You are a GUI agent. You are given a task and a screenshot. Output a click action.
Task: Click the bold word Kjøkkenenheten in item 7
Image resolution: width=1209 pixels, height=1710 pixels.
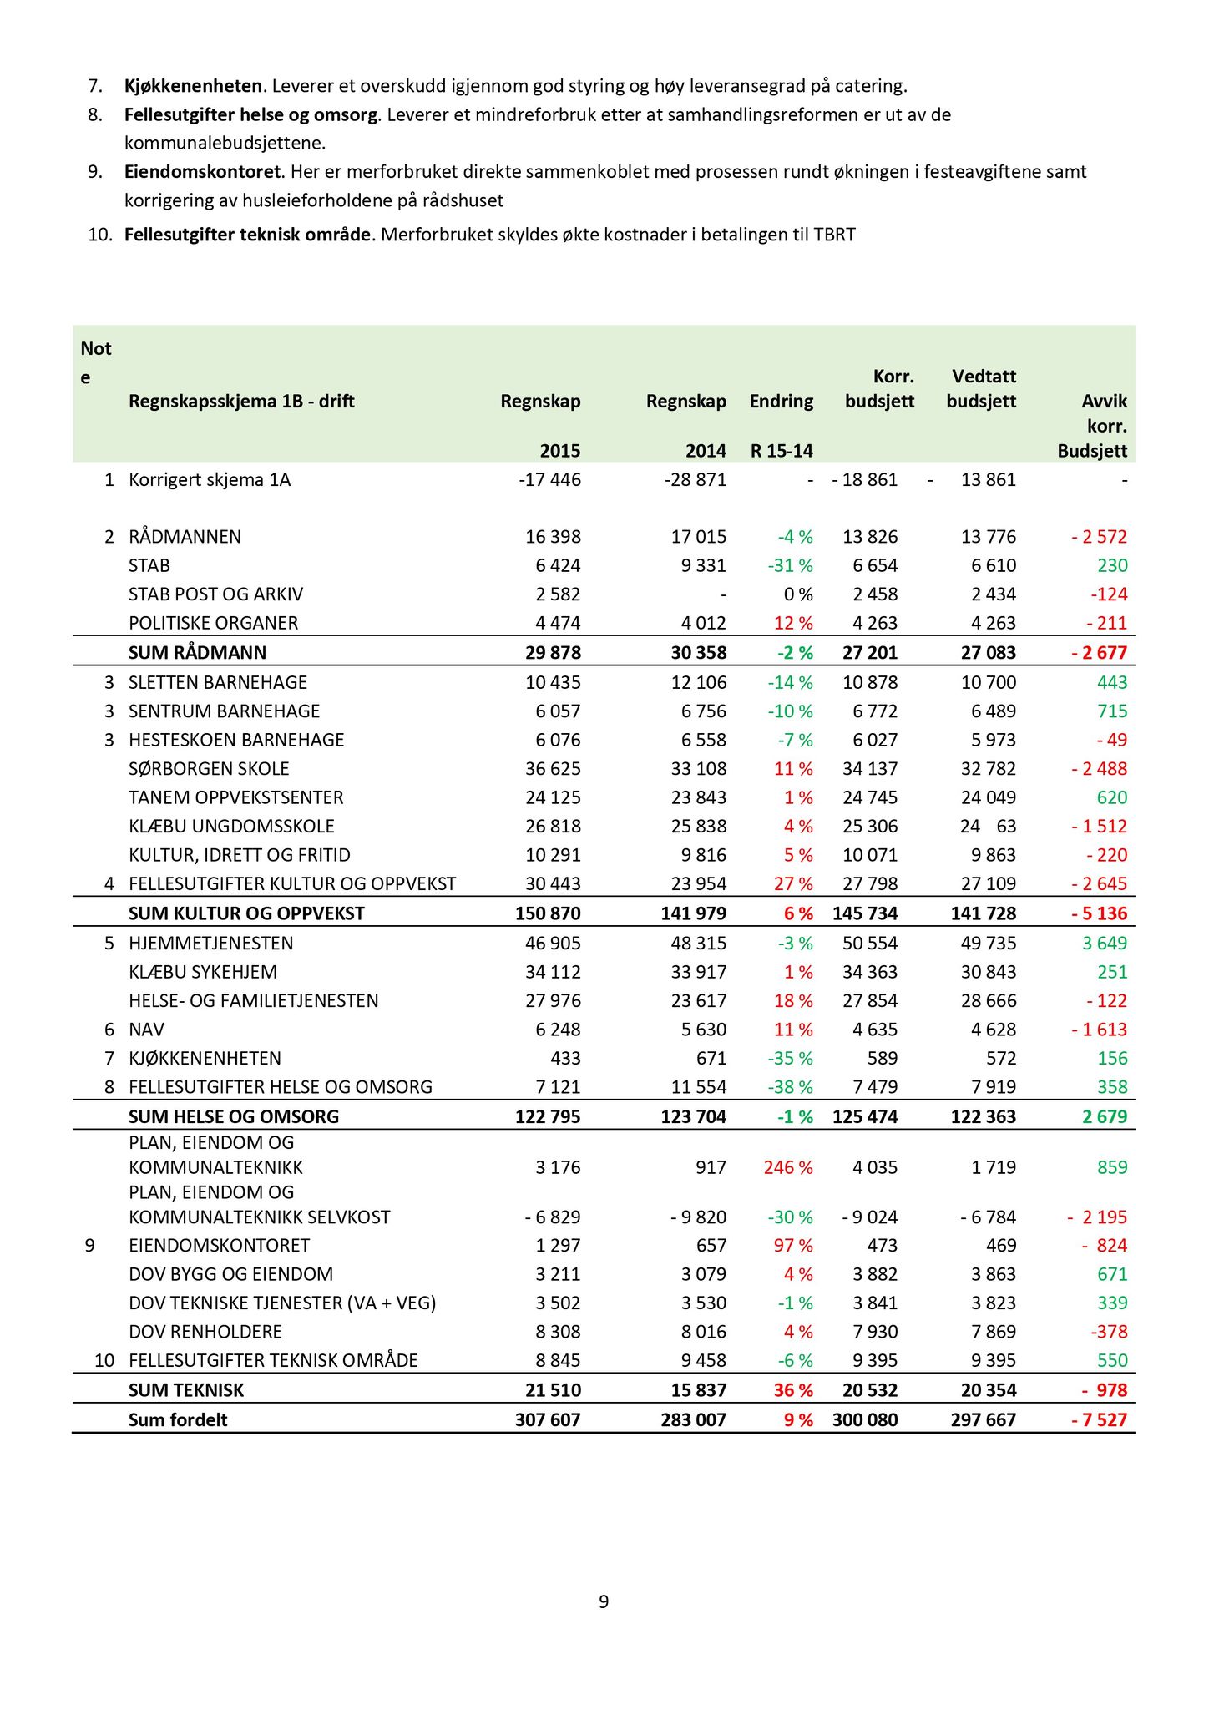(193, 85)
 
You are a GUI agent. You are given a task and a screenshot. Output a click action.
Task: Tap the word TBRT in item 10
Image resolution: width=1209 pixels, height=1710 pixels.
(834, 235)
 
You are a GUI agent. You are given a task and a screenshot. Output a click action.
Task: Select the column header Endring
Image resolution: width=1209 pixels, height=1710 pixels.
(781, 402)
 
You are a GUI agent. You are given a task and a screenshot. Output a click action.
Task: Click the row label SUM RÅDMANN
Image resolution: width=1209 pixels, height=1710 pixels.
(197, 652)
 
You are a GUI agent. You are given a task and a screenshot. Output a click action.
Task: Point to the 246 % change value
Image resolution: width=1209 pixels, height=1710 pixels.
(787, 1167)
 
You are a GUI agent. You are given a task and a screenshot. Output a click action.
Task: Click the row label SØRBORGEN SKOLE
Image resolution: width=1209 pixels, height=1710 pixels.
(209, 769)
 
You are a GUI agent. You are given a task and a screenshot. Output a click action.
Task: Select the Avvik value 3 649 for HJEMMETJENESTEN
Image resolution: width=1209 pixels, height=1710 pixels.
(1104, 944)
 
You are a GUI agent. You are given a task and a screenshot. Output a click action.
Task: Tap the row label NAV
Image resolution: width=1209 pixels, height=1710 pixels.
(146, 1030)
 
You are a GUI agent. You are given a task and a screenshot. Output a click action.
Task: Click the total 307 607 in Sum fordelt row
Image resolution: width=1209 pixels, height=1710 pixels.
(547, 1420)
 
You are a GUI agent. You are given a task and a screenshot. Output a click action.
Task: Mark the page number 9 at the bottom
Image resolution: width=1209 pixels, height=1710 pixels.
(604, 1601)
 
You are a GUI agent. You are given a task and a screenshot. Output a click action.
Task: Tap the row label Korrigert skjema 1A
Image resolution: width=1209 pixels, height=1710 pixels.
(210, 480)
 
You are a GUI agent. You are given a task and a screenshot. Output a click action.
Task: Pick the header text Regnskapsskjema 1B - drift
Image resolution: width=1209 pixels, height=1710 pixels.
(241, 402)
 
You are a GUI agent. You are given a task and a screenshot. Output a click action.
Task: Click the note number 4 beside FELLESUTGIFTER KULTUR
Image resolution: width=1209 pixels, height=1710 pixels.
(109, 884)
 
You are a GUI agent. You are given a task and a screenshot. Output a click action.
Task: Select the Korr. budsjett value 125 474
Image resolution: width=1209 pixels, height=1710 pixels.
(865, 1117)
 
